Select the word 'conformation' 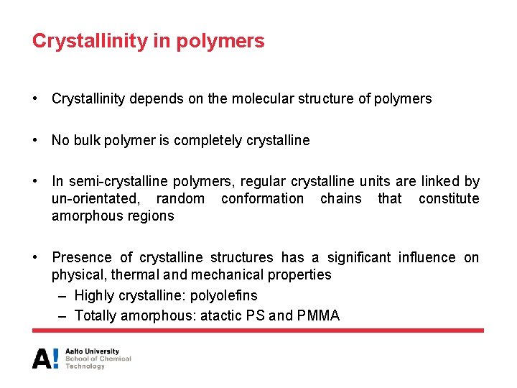262,198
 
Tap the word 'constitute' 449,198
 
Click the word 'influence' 428,257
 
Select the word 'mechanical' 230,274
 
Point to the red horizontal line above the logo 258,331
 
